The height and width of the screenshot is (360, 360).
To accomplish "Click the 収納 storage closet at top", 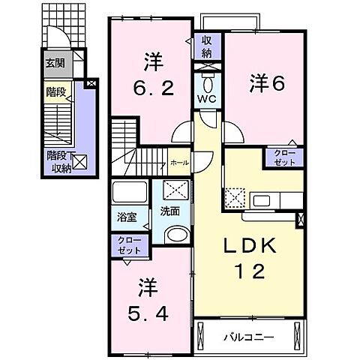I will point(205,47).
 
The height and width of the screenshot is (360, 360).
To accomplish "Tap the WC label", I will point(206,99).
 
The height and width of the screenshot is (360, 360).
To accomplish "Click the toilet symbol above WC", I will point(206,79).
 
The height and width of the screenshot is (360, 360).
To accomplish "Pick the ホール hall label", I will point(179,161).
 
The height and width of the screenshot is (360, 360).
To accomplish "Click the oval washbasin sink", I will point(177,235).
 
